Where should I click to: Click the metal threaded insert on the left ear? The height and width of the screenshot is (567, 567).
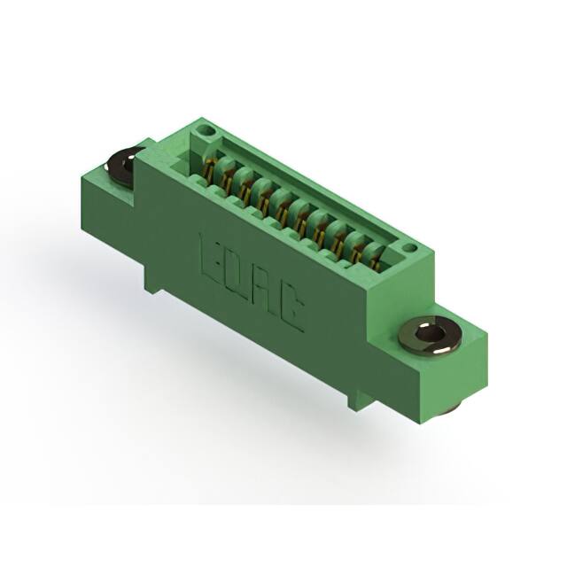(120, 165)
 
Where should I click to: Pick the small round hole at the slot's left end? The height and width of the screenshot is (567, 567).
(206, 130)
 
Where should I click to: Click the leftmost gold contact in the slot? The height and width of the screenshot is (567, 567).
(210, 167)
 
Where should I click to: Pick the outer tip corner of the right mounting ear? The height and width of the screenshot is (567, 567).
(485, 335)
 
